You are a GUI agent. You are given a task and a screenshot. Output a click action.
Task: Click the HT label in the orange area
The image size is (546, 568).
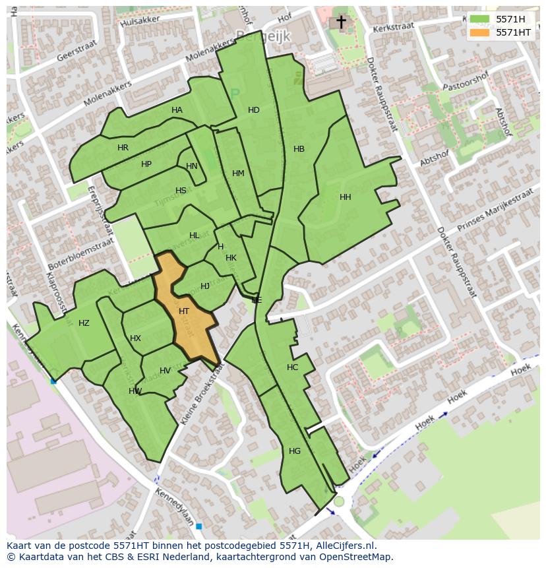(x=184, y=311)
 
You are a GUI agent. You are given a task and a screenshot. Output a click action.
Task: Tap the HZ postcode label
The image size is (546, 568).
(x=84, y=323)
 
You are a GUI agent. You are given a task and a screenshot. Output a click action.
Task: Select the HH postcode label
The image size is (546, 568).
(x=345, y=197)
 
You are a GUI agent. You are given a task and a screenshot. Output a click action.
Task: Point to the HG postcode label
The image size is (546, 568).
(x=295, y=451)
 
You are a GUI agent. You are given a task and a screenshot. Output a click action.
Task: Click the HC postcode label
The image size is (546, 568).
(x=292, y=367)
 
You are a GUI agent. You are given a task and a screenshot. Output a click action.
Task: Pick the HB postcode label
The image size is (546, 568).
(x=299, y=149)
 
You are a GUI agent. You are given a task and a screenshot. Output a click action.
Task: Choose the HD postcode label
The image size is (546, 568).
(x=254, y=110)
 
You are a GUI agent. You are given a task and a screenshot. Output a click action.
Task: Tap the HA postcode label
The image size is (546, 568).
(x=177, y=110)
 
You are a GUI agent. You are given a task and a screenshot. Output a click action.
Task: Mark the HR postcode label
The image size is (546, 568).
(x=123, y=148)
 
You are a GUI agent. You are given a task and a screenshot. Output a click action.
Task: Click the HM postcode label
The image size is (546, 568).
(x=238, y=174)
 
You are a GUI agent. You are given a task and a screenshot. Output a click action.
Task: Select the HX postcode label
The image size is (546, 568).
(x=135, y=338)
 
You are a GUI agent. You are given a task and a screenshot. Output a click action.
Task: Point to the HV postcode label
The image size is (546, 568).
(x=165, y=371)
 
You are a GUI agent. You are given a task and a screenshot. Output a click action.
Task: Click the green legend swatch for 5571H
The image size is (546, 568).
(x=479, y=19)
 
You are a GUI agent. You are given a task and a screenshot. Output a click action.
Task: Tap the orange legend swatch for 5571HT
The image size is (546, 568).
(x=479, y=32)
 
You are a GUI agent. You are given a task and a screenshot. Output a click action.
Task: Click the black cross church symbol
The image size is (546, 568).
(x=341, y=22)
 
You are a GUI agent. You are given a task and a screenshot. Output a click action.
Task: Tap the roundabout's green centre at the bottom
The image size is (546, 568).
(x=339, y=502)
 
